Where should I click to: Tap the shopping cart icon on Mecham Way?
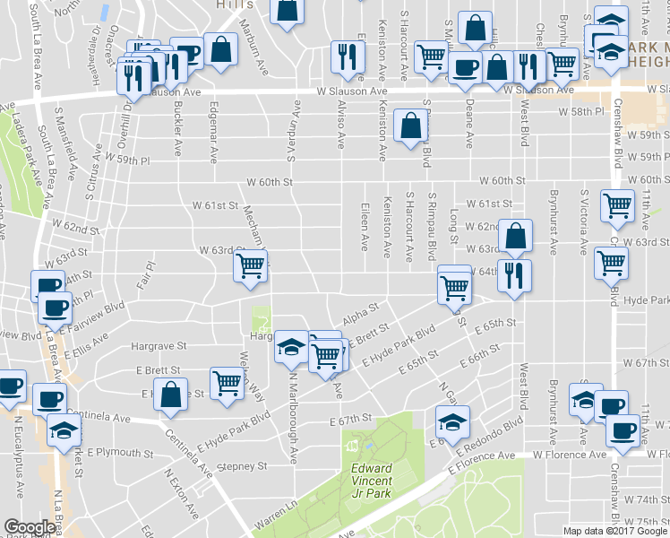coord(251,265)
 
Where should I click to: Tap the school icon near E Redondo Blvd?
coord(452,420)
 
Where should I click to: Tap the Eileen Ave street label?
coord(365,231)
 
